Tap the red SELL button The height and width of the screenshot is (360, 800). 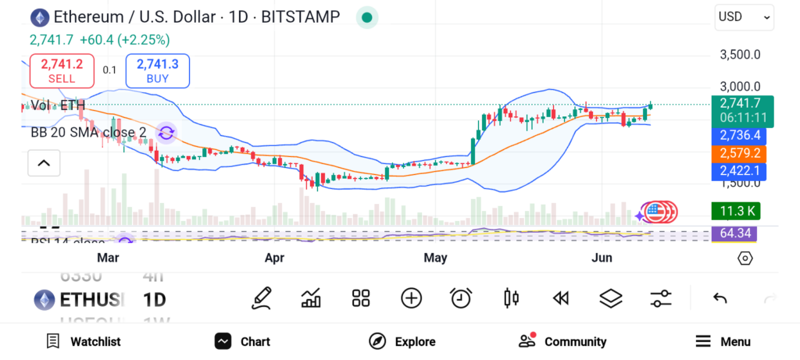pos(62,71)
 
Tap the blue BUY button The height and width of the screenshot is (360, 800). pos(157,71)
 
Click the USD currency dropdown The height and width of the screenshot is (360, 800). pos(744,17)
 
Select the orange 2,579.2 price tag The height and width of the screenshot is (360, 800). pos(738,152)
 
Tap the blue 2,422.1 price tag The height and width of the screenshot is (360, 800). pos(738,170)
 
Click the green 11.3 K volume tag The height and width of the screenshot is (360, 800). pos(734,211)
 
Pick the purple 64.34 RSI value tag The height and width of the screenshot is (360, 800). pos(734,233)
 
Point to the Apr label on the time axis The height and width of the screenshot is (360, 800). pos(274,258)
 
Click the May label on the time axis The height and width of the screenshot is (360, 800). pos(435,258)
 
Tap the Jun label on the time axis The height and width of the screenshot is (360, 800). pos(602,258)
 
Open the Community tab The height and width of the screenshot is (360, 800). pos(562,341)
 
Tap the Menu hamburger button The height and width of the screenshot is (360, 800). pos(723,341)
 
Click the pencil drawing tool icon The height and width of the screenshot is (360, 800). pos(262,298)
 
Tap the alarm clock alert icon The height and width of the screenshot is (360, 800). pos(461,298)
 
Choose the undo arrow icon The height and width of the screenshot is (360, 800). pos(720,298)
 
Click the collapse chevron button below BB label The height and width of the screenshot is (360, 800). pos(44,163)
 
